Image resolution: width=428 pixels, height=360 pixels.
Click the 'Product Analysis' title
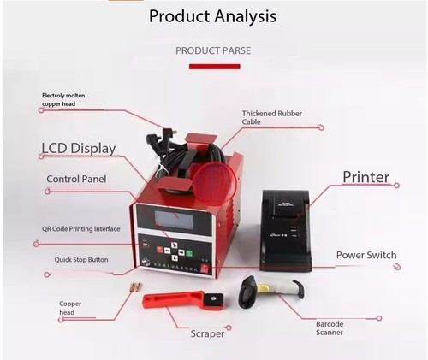212,16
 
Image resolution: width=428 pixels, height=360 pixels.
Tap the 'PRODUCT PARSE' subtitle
213,50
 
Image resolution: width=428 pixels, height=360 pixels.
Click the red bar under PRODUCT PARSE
215,67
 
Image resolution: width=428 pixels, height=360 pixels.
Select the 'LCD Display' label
79,148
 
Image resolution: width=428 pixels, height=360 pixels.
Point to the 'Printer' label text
366,177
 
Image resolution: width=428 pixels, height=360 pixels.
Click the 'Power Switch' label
366,255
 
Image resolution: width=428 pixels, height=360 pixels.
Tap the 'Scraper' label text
207,333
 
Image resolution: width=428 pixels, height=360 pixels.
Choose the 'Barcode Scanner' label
330,328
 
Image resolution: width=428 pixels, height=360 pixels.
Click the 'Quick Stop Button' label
81,260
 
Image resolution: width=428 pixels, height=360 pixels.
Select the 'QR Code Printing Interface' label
81,229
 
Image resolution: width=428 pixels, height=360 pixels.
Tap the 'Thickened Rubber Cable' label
272,117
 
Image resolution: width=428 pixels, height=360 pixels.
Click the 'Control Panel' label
76,179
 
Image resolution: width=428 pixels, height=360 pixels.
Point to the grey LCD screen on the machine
174,219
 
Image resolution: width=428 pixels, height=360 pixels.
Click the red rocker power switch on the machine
205,269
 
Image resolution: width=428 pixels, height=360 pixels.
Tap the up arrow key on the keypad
175,245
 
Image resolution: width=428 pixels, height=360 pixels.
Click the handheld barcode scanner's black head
247,292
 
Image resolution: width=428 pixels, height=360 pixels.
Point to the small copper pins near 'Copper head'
136,286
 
